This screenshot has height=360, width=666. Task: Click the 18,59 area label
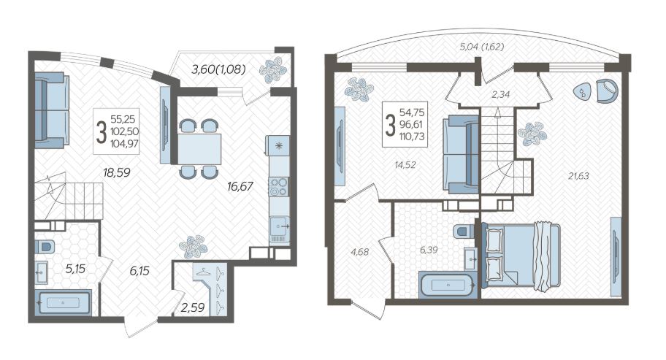(116, 172)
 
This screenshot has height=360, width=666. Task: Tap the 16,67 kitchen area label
(240, 186)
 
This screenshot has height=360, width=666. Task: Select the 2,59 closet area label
(192, 307)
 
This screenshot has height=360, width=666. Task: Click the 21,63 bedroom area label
(578, 176)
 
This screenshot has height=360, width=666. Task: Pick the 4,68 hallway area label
(360, 252)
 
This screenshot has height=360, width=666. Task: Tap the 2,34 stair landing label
(500, 95)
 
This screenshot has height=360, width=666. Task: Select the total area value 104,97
(124, 144)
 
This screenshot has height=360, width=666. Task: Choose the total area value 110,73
(412, 137)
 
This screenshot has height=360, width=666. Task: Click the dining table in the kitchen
(199, 148)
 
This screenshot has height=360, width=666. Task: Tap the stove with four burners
(279, 187)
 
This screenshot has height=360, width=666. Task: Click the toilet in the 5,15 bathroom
(45, 247)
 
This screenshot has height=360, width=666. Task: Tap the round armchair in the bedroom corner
(606, 91)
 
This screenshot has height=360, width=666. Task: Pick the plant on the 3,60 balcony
(273, 70)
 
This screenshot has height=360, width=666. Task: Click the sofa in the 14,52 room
(461, 154)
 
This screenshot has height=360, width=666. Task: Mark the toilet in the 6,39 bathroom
(464, 231)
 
